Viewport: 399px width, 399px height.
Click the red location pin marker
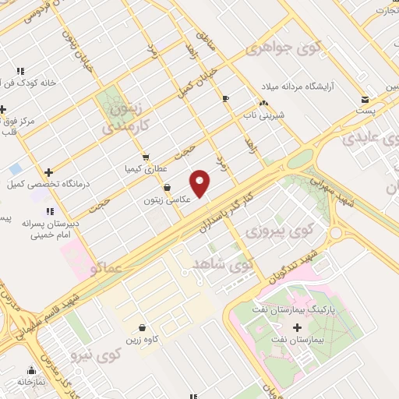point(200,182)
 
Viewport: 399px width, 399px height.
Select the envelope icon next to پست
point(365,100)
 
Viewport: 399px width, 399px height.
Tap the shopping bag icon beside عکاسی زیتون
point(168,187)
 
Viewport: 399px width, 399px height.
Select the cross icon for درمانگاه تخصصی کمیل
point(49,173)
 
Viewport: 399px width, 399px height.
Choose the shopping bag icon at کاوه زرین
point(141,328)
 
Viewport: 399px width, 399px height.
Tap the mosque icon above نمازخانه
point(32,370)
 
